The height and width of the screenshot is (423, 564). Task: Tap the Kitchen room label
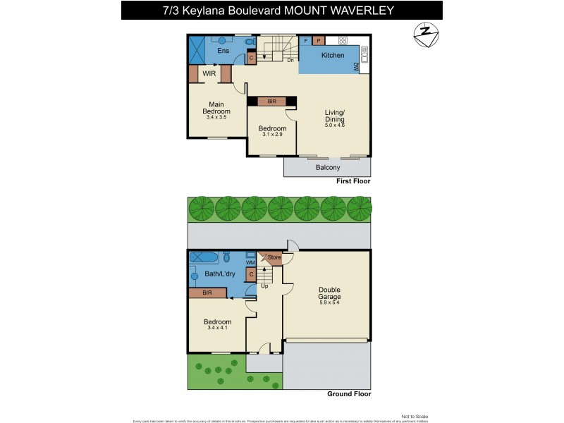pos(333,55)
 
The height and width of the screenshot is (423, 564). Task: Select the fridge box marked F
pos(305,41)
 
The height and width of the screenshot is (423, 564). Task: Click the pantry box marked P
pos(319,41)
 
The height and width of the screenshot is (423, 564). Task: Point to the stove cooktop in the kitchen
pos(343,41)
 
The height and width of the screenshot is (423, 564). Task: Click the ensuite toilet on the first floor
pos(250,42)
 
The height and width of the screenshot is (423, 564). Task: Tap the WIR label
pos(209,73)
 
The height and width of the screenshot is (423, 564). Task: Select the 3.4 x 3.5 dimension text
pos(216,117)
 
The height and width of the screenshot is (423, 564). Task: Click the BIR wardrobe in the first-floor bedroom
pos(271,102)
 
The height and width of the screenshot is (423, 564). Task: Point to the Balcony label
pos(327,167)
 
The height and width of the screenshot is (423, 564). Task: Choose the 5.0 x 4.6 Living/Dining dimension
pos(334,125)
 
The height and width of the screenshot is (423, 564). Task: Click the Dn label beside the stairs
pos(290,61)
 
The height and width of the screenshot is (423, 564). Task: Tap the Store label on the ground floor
pos(274,258)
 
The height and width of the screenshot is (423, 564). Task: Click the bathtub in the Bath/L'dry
pos(204,257)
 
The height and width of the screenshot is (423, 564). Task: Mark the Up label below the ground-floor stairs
pos(265,286)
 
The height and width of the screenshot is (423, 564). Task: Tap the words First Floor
pos(353,181)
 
